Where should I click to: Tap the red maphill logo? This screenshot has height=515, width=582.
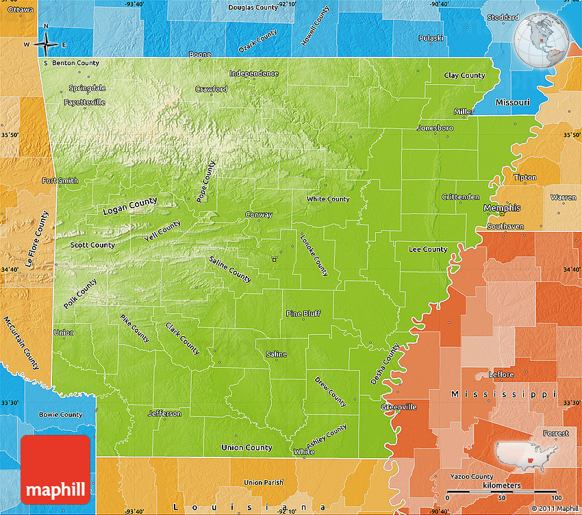[x=55, y=470]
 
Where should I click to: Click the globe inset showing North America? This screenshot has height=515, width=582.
[x=542, y=38]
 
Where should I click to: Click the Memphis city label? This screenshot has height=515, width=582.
[x=502, y=208]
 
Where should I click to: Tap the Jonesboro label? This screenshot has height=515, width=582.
[x=435, y=128]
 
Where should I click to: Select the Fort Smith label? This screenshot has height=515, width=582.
[x=60, y=181]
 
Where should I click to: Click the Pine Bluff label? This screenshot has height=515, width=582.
[x=303, y=314]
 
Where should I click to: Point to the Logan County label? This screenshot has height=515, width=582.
[x=129, y=206]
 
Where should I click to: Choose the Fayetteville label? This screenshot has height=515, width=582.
[x=84, y=102]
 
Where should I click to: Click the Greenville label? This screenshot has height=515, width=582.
[x=399, y=407]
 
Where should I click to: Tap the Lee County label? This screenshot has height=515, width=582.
[x=428, y=249]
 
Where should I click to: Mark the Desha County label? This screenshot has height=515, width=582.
[x=385, y=363]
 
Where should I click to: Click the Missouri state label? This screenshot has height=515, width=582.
[x=512, y=102]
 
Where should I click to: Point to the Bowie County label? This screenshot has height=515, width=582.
[x=60, y=414]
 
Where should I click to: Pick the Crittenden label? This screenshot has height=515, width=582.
[x=460, y=197]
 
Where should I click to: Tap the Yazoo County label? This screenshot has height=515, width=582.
[x=471, y=476]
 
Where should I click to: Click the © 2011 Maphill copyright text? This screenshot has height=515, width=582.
[x=555, y=508]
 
